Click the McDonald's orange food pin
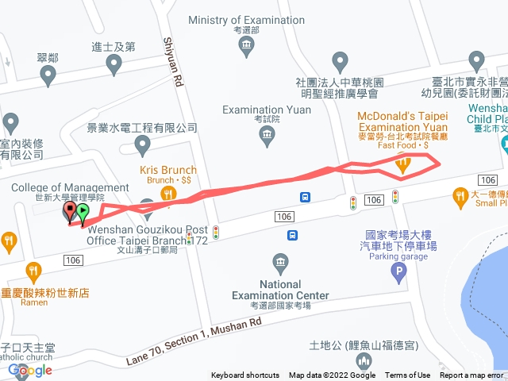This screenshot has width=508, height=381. [x=403, y=164]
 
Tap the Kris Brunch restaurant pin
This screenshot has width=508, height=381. [x=167, y=193]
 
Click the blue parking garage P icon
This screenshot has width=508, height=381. [x=398, y=274]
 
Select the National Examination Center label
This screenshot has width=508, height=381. [x=280, y=290]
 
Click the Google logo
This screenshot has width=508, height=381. [x=30, y=370]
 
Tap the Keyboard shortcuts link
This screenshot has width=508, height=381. [x=245, y=375]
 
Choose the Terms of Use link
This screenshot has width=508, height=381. [x=407, y=375]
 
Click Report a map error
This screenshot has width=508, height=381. [x=471, y=375]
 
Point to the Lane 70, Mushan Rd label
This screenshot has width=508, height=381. [x=194, y=341]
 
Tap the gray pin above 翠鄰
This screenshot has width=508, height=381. [x=48, y=75]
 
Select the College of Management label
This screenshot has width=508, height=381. [x=70, y=187]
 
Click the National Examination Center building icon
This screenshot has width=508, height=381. [x=280, y=263]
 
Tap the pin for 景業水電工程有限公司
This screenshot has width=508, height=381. [x=143, y=145]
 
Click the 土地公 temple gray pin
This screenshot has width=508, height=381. [x=364, y=361]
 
